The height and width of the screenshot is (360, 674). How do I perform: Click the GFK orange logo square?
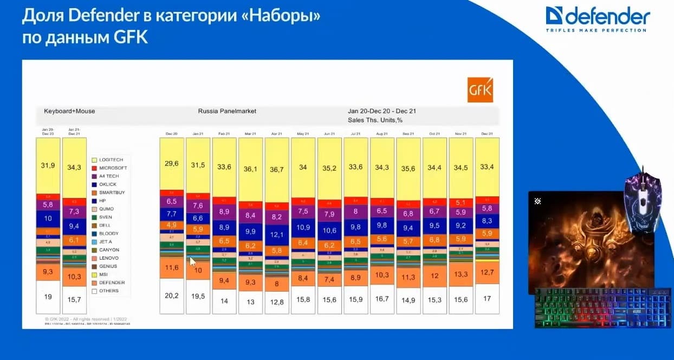tap(480, 89)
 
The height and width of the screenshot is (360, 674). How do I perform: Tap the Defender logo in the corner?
tap(597, 18)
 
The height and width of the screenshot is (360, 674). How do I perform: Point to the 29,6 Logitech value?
tap(171, 163)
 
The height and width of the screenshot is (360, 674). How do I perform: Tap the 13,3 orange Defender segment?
tap(461, 274)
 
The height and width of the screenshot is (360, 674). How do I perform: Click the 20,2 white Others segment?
tap(171, 295)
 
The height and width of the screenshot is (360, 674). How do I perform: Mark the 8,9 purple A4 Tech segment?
tap(224, 211)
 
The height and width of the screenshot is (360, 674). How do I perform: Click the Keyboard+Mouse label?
tap(69, 111)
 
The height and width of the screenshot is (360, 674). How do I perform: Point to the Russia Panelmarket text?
tap(227, 111)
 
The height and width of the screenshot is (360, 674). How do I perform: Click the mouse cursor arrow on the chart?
tap(193, 261)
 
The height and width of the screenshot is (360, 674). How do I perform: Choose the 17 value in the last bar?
tap(487, 298)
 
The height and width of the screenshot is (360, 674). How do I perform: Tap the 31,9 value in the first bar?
tap(48, 165)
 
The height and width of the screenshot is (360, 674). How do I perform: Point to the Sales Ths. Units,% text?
tap(375, 120)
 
